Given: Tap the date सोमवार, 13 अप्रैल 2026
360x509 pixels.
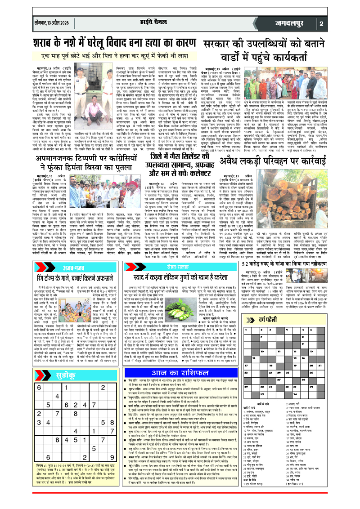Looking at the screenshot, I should click(52, 23).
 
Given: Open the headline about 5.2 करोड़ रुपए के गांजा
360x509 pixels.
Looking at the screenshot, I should click(288, 290).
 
